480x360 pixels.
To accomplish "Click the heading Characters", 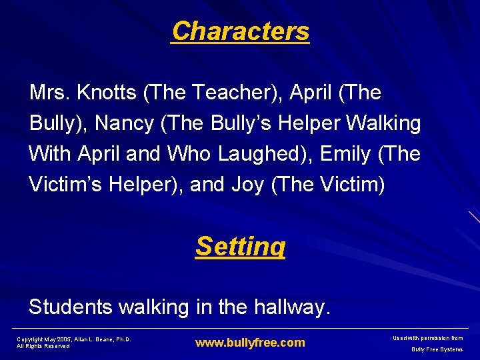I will click(x=240, y=31).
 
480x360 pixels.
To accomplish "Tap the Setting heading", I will click(x=240, y=246).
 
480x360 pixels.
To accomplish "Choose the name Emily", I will click(x=345, y=154).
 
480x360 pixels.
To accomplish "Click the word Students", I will click(x=71, y=307).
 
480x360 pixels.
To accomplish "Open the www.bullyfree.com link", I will click(x=250, y=343).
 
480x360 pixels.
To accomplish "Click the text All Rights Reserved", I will click(x=43, y=346).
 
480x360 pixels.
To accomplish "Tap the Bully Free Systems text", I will click(x=437, y=349).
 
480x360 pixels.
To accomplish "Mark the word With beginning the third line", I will click(x=50, y=154).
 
